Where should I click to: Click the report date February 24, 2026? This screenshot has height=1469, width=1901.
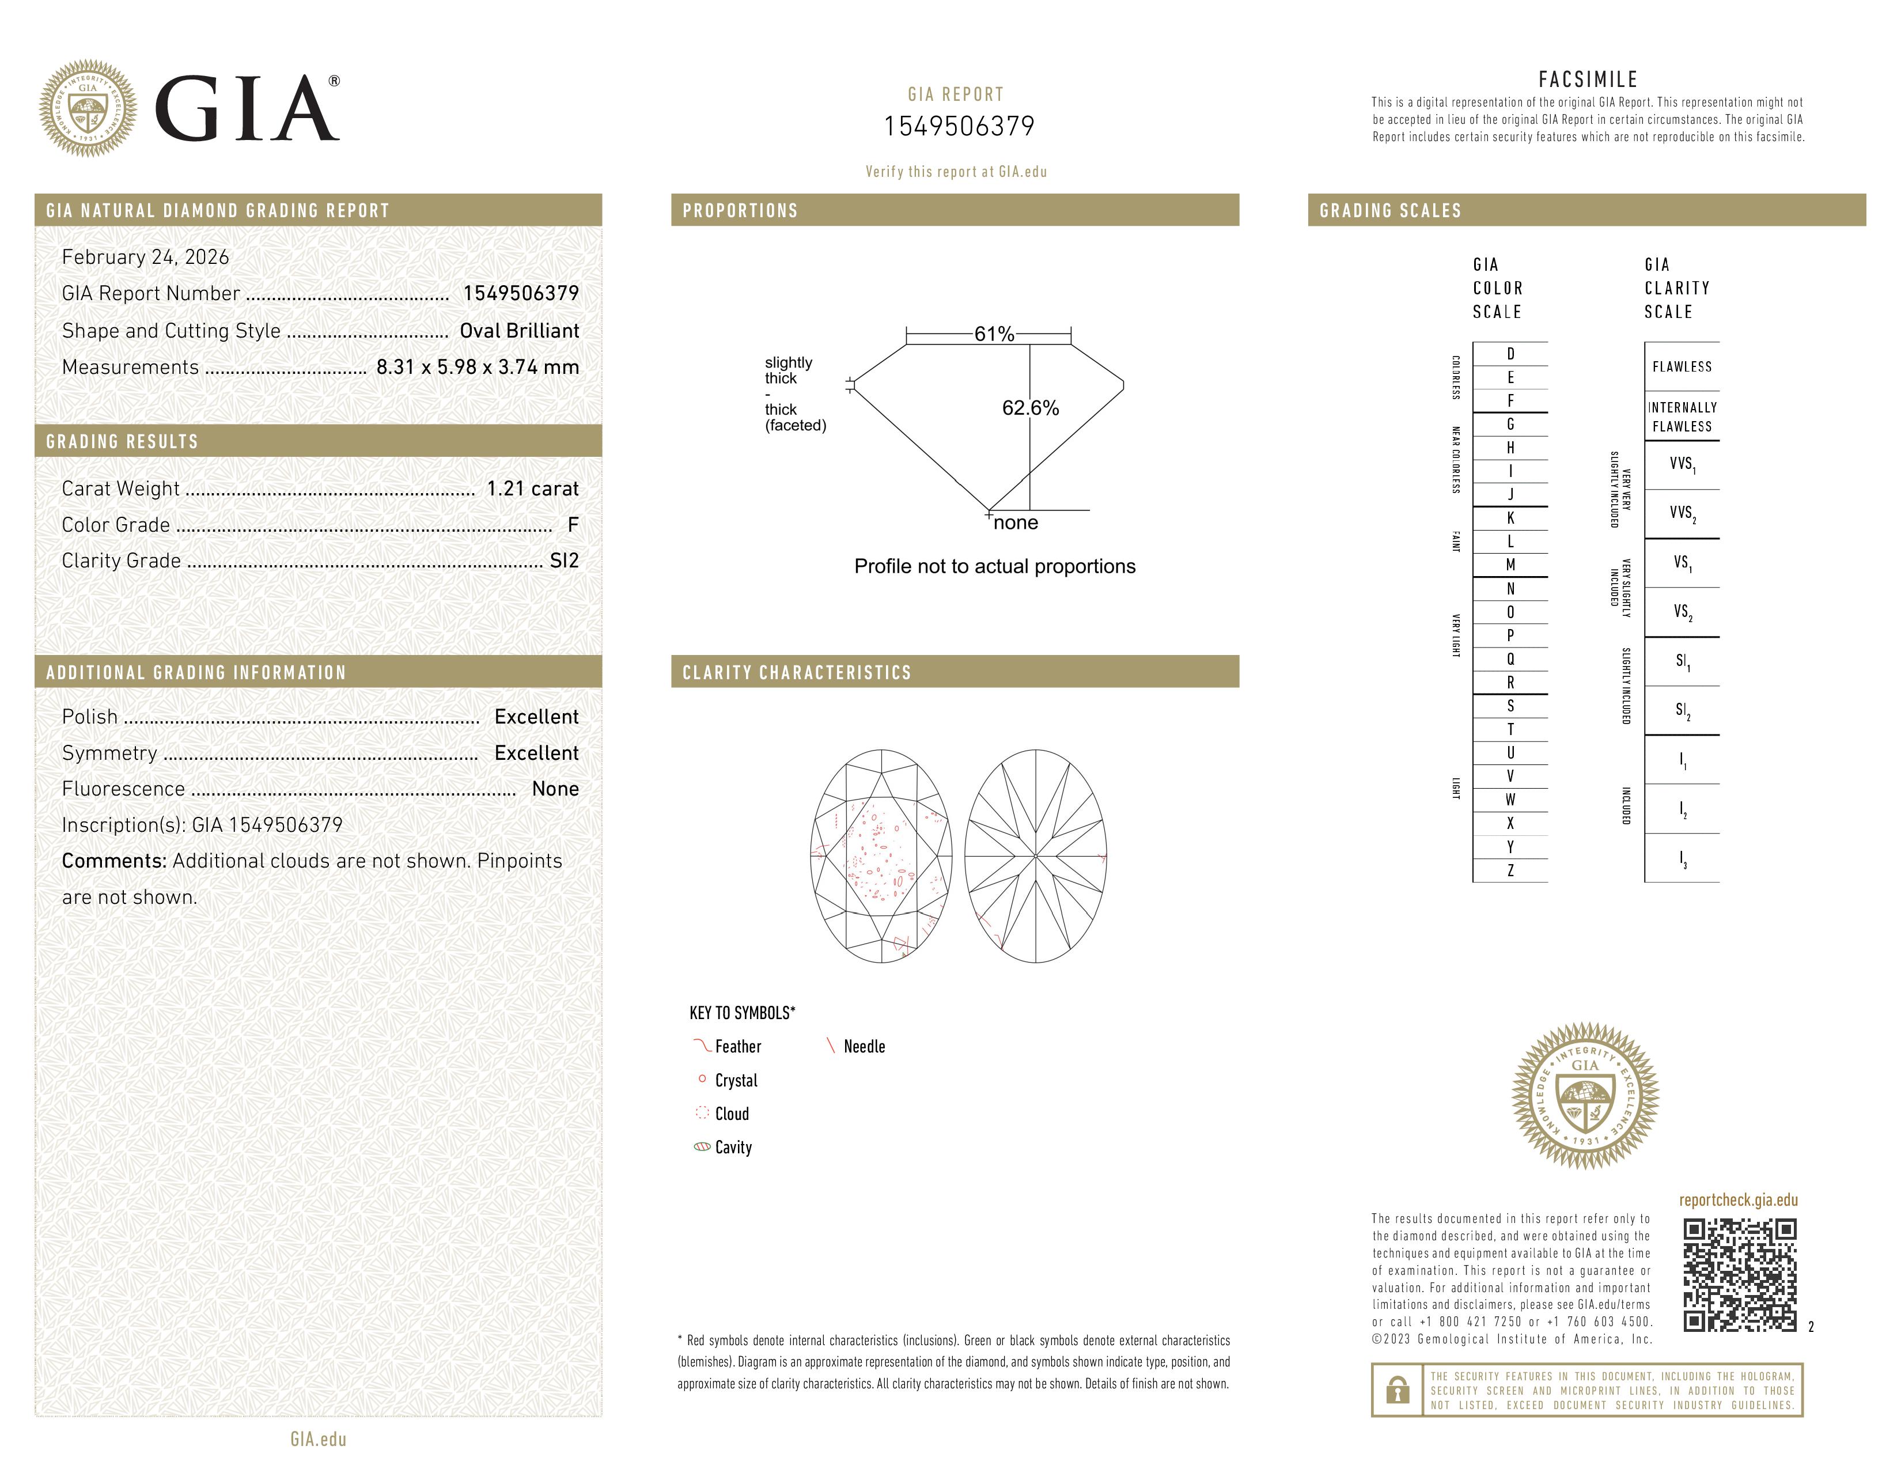tap(145, 257)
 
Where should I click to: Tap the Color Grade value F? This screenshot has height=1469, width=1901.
tap(573, 525)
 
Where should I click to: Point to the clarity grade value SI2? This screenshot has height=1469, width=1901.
tap(564, 561)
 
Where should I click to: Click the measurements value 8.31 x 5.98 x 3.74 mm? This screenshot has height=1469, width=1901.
tap(477, 368)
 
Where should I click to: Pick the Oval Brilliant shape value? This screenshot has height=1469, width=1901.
tap(519, 331)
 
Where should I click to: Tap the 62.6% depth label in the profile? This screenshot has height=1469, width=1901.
tap(1031, 408)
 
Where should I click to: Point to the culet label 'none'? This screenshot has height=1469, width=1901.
tap(1016, 523)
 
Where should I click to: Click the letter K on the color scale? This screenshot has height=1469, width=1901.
tap(1510, 518)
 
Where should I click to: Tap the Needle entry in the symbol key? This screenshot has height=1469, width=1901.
tap(864, 1047)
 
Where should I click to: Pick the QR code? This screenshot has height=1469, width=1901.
tap(1739, 1275)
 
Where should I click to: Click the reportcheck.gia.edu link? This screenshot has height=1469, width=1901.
tap(1738, 1200)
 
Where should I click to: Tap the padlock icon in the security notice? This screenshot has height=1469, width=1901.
tap(1397, 1390)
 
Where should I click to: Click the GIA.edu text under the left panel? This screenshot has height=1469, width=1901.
tap(319, 1440)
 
